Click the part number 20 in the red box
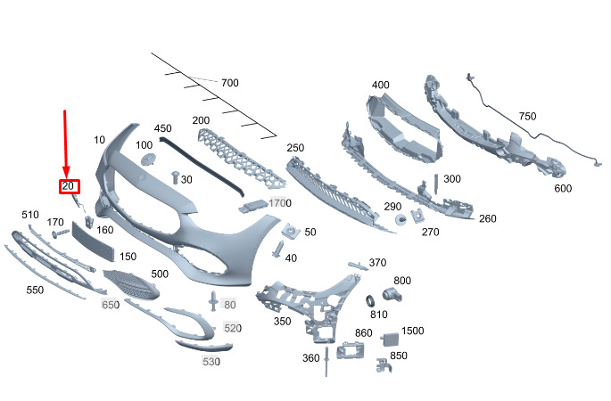70,186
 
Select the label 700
230,83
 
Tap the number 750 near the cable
527,117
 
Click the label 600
563,188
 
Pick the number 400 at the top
381,85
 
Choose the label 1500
412,331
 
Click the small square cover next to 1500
390,340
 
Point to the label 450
162,128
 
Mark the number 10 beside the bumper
98,140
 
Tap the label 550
35,291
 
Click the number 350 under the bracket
283,321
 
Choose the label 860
363,332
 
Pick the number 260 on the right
487,218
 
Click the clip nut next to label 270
416,217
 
